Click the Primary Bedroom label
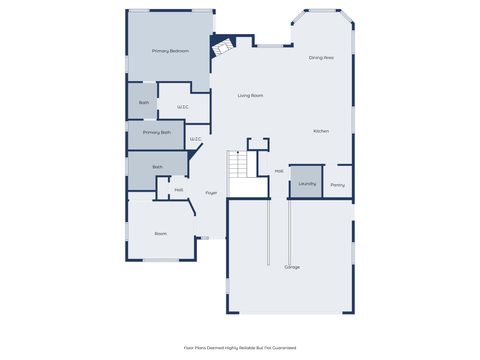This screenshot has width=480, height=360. pos(170,50)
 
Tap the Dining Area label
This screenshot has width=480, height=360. pos(321,58)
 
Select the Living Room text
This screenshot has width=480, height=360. pos(250,95)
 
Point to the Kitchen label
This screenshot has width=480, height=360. pos(321,131)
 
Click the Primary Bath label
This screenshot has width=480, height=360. pos(157,132)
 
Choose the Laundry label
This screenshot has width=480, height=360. pos(307,183)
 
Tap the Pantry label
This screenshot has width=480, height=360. pos(338,184)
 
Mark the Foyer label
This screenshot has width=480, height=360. pos(212,192)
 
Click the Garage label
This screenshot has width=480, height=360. pos(292,267)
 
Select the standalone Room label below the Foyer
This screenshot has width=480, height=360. pos(160,233)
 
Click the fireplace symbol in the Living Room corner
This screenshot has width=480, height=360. pos(223,45)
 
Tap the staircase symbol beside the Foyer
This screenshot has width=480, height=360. pos(239,164)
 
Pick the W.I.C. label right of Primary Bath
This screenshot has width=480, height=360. pos(195,139)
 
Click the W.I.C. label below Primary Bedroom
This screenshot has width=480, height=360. pos(183,107)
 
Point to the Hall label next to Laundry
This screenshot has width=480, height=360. pos(279,171)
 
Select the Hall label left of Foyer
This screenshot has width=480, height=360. pos(179,189)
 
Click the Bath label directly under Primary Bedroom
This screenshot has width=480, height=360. pos(144,102)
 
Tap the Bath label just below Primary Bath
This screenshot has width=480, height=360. pos(157,167)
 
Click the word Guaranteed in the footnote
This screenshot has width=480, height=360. pos(283,347)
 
